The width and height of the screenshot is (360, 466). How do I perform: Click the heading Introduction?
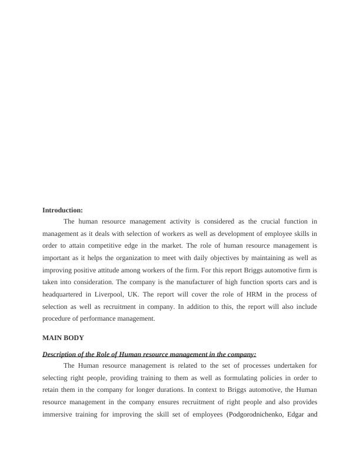coord(62,210)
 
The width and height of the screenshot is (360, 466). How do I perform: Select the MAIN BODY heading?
coord(63,338)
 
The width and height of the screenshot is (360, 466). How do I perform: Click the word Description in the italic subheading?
coord(62,354)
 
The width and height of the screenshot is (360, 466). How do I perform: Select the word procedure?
coord(58,318)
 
